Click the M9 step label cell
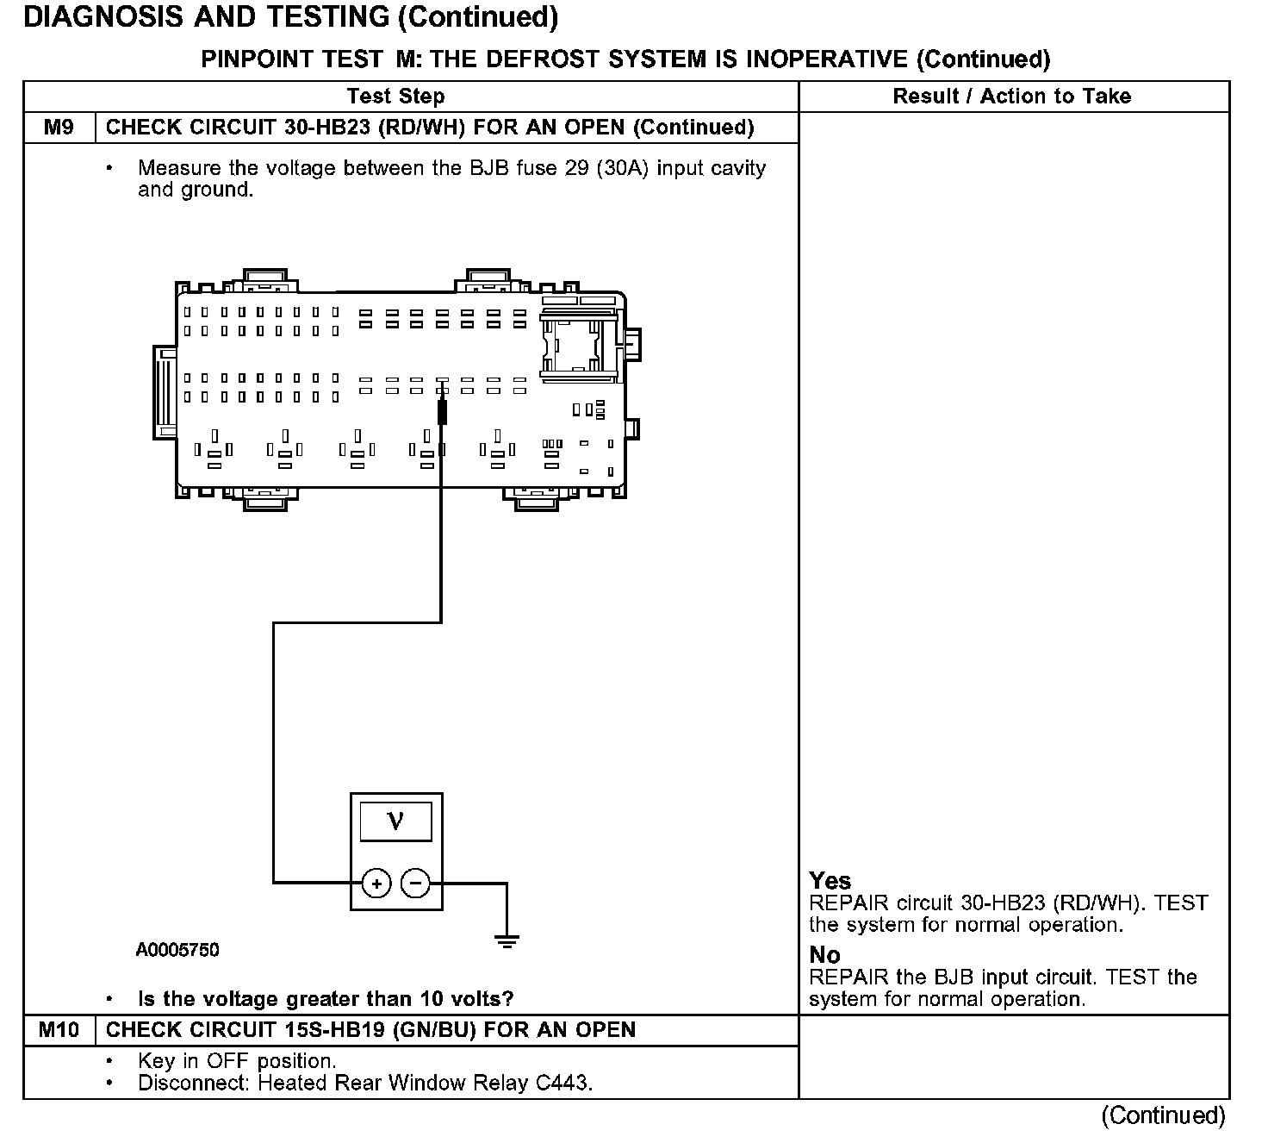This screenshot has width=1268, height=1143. click(59, 128)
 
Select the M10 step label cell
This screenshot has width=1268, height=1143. click(59, 1030)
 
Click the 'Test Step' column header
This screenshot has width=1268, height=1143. click(395, 97)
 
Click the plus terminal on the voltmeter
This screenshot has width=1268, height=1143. click(376, 884)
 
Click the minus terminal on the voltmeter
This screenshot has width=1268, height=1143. click(416, 884)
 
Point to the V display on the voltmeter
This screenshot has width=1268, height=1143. click(395, 821)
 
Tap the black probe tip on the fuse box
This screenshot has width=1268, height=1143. click(443, 411)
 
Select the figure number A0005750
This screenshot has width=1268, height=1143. click(177, 950)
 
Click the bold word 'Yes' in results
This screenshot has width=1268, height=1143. click(830, 881)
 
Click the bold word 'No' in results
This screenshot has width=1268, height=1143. click(824, 955)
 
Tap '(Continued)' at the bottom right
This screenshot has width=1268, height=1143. click(1162, 1115)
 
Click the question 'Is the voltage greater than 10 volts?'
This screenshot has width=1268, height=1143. click(326, 999)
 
